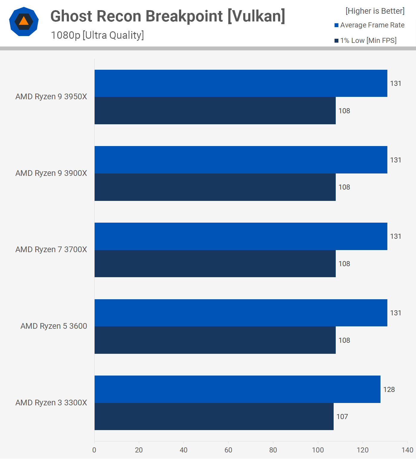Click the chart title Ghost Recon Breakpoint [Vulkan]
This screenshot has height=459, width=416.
168,16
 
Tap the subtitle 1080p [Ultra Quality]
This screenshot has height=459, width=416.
97,35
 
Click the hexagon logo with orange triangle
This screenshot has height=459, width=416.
24,21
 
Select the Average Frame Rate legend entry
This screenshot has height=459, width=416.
369,25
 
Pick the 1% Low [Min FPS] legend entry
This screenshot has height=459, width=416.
366,41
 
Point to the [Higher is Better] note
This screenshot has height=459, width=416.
375,11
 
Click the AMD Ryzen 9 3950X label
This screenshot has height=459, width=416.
51,97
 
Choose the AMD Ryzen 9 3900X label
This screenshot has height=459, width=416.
51,173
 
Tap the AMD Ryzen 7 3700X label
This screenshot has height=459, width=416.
51,249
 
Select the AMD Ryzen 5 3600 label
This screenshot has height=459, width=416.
54,326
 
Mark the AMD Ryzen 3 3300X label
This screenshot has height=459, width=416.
51,403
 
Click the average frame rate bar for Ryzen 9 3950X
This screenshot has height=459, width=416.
241,83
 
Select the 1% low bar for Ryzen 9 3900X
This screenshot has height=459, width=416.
215,187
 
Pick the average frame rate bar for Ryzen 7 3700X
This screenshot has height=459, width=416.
241,236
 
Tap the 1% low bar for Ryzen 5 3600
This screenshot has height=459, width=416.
215,340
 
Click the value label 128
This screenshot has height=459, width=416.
389,390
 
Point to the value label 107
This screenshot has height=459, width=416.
342,417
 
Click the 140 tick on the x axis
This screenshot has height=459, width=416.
407,450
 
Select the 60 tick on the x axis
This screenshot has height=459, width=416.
228,450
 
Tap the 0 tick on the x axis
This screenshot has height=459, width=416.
94,450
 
